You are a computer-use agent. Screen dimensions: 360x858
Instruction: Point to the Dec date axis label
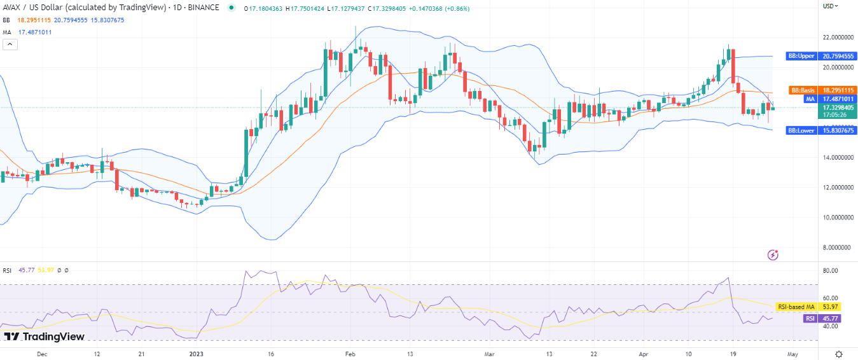[x=42, y=354]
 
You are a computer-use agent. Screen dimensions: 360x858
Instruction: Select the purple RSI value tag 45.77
[x=809, y=319]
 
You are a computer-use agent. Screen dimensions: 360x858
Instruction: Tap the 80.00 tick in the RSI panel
[x=831, y=270]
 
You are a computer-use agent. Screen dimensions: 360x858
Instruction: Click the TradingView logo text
[x=44, y=336]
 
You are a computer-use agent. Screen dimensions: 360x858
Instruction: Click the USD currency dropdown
[x=831, y=6]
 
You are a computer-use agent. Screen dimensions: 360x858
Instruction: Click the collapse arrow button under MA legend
[x=10, y=44]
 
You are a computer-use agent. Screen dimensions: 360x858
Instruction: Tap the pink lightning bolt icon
[x=773, y=254]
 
